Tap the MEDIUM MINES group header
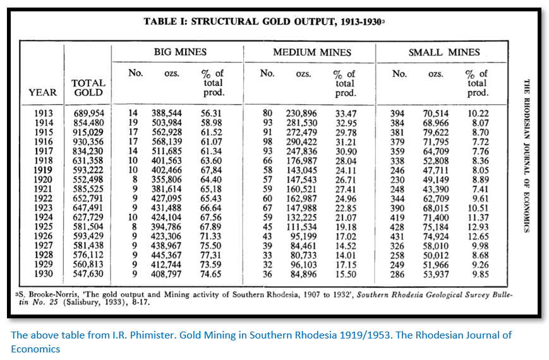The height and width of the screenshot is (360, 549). pos(311,52)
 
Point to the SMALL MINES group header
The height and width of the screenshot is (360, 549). pos(443,52)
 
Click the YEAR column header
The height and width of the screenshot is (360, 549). pos(42,93)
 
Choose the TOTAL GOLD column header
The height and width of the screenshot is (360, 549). pos(88,88)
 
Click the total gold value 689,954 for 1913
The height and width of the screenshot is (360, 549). pos(88,114)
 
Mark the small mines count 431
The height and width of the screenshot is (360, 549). pos(399,236)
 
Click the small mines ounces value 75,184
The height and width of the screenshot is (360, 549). pos(436,227)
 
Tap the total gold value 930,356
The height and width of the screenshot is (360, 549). pos(88,142)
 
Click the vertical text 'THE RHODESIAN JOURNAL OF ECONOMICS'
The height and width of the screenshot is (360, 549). pos(528,155)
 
